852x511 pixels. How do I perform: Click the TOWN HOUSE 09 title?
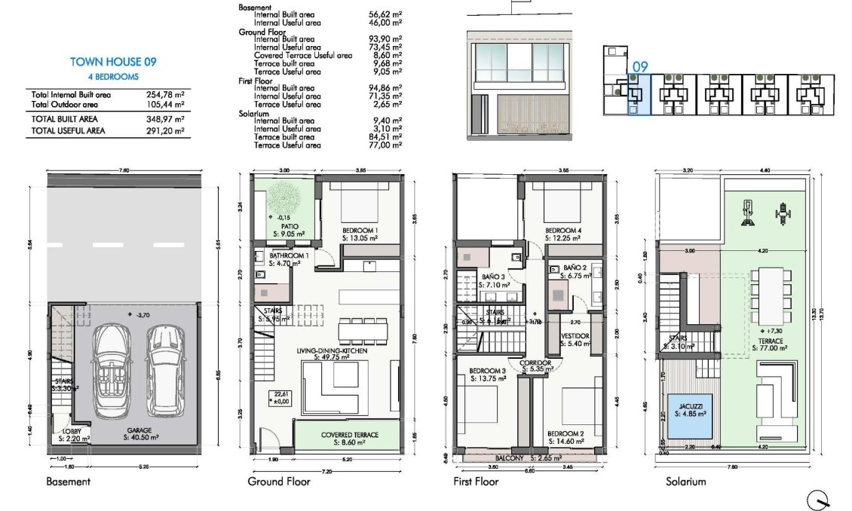click(112, 62)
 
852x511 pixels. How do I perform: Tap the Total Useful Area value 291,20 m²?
click(164, 130)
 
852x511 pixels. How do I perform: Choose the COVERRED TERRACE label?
click(349, 435)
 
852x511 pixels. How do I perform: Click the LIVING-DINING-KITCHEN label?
click(326, 353)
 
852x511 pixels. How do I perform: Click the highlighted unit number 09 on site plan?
click(639, 67)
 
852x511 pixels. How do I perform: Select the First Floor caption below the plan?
click(477, 482)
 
